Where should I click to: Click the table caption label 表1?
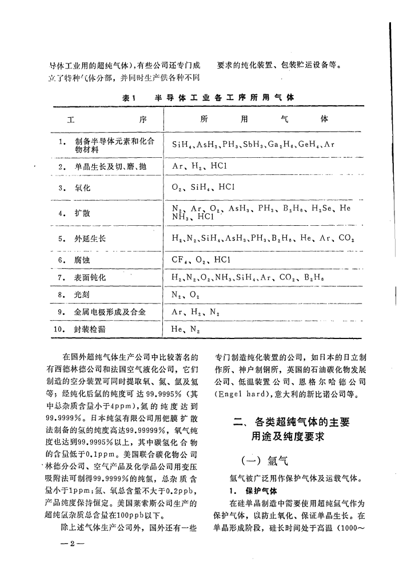tap(128, 98)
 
